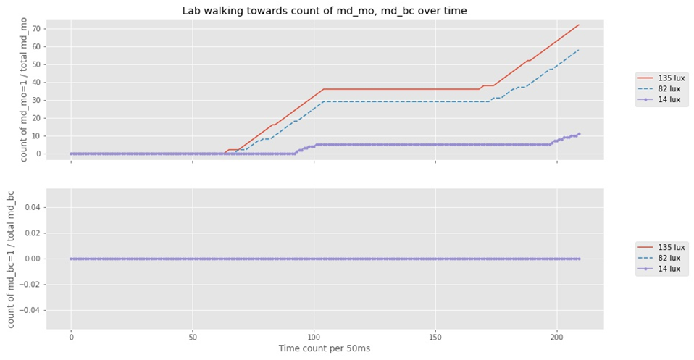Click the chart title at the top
tap(325, 11)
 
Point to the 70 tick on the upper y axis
tap(37, 29)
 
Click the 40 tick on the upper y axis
tap(37, 83)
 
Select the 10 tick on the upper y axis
tap(37, 135)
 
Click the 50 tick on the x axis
tap(193, 337)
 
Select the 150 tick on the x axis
tap(435, 337)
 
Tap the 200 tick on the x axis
tap(557, 337)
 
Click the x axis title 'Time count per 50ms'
tap(324, 348)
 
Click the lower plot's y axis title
tap(11, 259)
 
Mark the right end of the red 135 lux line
tap(579, 25)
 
